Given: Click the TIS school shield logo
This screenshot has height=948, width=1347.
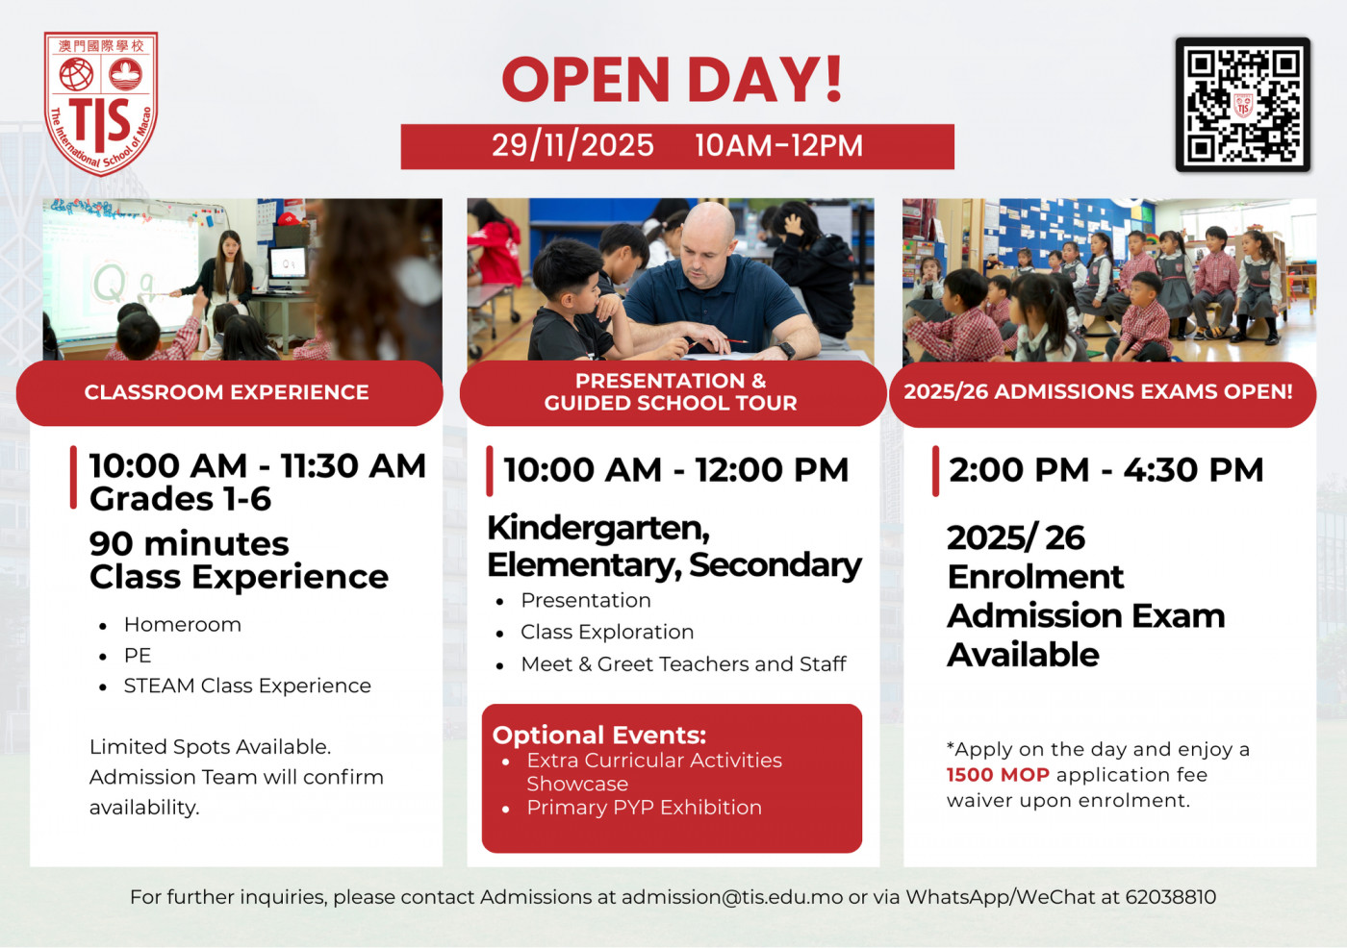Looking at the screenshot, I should point(101,103).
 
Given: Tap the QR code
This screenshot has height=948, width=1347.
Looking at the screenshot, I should point(1242,105).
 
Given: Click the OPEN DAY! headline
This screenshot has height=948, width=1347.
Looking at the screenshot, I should point(673,80).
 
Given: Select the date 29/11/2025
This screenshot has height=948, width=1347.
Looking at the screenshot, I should point(572,146).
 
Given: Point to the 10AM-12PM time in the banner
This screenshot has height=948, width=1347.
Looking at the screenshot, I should point(778,146).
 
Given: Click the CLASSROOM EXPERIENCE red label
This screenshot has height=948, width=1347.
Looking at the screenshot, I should point(227,392).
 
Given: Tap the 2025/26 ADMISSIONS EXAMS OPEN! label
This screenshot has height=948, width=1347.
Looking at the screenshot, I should point(1098,392).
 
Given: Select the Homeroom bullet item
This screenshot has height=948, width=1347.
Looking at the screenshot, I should point(182,625).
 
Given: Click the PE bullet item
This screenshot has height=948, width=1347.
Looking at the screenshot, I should point(138,656).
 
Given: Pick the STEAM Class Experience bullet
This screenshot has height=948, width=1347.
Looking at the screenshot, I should point(247,686).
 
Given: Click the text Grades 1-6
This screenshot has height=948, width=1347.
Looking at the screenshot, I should point(180,499).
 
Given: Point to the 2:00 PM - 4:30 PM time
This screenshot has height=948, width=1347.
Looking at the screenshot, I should point(1106,470).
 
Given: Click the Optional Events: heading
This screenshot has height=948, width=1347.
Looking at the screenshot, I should point(599,736).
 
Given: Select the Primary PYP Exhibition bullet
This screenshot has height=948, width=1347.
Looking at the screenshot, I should point(644,808).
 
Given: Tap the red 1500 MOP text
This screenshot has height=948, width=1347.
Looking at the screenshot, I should point(998,775).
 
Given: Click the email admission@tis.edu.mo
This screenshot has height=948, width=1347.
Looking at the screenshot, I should point(732,897).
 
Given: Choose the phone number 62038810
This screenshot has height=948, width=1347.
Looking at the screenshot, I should point(1170,897).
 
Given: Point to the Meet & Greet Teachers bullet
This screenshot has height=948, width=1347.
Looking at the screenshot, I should point(683,664).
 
